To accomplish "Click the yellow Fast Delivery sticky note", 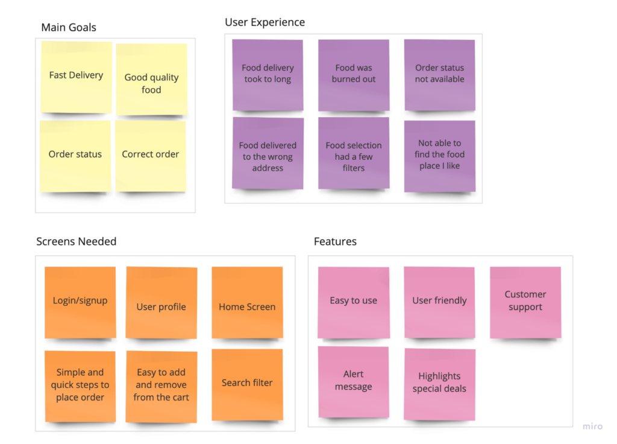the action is pyautogui.click(x=77, y=77).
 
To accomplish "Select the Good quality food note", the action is pyautogui.click(x=151, y=80).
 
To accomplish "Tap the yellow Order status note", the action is pyautogui.click(x=75, y=156).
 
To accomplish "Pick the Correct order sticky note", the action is pyautogui.click(x=150, y=156).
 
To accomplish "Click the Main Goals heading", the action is pyautogui.click(x=69, y=27).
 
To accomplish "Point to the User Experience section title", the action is pyautogui.click(x=265, y=22).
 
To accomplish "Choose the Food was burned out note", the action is pyautogui.click(x=354, y=75).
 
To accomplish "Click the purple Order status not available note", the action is pyautogui.click(x=439, y=75).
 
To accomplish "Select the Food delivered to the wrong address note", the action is pyautogui.click(x=268, y=153).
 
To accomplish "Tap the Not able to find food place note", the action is pyautogui.click(x=439, y=156).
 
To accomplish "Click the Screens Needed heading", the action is pyautogui.click(x=77, y=241).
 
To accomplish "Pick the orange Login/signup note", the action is pyautogui.click(x=80, y=303).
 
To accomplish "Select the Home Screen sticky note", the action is pyautogui.click(x=247, y=303).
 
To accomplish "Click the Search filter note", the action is pyautogui.click(x=247, y=384).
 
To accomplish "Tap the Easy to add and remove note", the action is pyautogui.click(x=161, y=387).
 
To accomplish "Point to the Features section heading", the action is pyautogui.click(x=335, y=241).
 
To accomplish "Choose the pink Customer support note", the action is pyautogui.click(x=525, y=303).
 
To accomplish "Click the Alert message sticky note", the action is pyautogui.click(x=353, y=382).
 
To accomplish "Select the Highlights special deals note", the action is pyautogui.click(x=439, y=384).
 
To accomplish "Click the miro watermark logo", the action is pyautogui.click(x=593, y=427).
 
